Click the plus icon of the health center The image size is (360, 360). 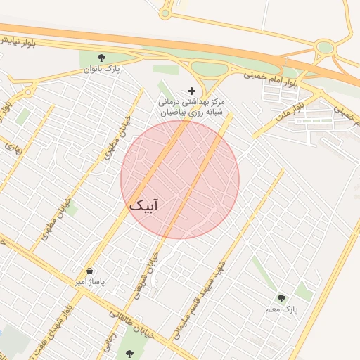(191, 91)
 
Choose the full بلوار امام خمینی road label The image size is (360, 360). (271, 78)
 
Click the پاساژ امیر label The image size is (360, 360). (89, 282)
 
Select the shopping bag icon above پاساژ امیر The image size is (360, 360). (89, 271)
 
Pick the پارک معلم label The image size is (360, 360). (282, 309)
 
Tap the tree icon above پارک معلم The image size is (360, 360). (282, 298)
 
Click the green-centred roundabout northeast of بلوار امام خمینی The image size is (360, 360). (325, 48)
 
